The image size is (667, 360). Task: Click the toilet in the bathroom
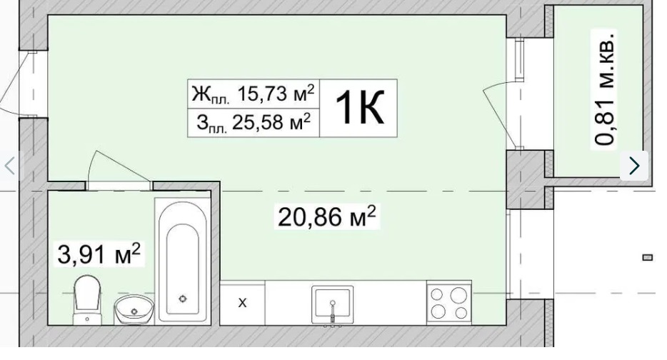87,300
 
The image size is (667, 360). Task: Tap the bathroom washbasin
134,309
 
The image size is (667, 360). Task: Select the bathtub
183,261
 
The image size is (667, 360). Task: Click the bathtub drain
183,299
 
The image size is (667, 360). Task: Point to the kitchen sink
332,305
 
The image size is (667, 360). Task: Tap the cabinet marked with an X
243,303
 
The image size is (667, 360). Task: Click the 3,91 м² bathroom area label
99,254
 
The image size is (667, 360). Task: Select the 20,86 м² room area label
326,216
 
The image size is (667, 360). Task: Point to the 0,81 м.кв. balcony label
604,89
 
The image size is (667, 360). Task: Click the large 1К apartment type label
359,108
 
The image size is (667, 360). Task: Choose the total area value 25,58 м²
271,122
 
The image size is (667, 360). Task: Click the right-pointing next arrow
634,166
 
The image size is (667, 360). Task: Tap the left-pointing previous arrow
9,166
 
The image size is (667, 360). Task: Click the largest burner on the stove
458,295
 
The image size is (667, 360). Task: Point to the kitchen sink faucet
333,311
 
